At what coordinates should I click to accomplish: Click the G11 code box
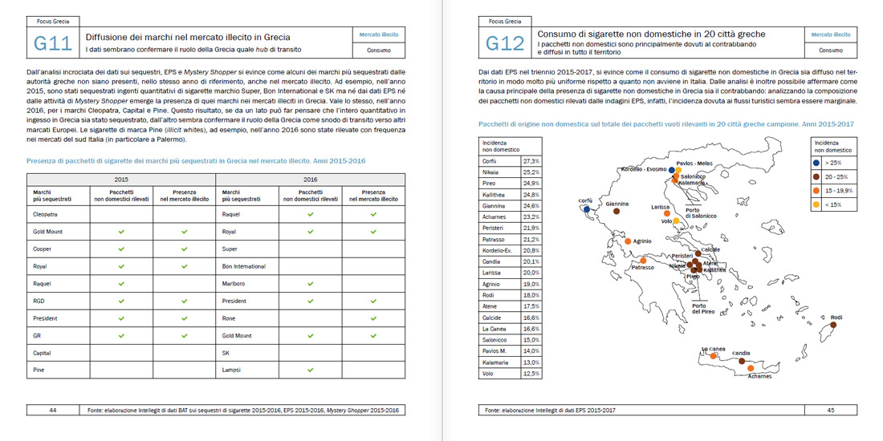click(53, 43)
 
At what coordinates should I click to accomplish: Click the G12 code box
click(504, 43)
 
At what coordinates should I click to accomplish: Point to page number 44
click(53, 410)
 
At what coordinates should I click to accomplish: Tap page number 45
click(831, 410)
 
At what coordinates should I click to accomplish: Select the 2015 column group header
click(121, 180)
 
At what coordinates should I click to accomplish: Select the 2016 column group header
click(310, 180)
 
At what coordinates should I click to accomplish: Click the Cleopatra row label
click(46, 215)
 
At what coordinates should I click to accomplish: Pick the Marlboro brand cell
click(234, 284)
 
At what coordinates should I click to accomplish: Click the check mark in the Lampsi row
click(311, 370)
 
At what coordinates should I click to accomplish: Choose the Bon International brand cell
click(243, 266)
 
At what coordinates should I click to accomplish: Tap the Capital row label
click(42, 353)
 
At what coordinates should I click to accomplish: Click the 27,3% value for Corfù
click(531, 161)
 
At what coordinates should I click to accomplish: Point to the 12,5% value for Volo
click(531, 374)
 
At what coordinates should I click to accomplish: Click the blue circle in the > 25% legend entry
click(816, 163)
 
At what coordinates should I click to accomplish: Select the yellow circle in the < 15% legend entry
click(816, 205)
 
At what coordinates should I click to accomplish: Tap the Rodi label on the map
click(836, 318)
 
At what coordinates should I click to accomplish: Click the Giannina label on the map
click(617, 204)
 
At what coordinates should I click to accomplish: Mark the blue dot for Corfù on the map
click(588, 209)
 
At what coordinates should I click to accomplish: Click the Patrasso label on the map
click(642, 268)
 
